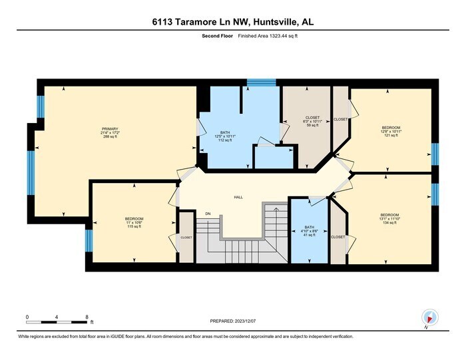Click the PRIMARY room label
(x=110, y=128)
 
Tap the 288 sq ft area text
(x=110, y=137)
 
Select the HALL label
(x=238, y=198)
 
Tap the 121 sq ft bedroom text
(x=391, y=135)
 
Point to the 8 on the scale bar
(x=87, y=317)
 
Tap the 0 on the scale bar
(x=27, y=317)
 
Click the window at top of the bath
(x=256, y=83)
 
